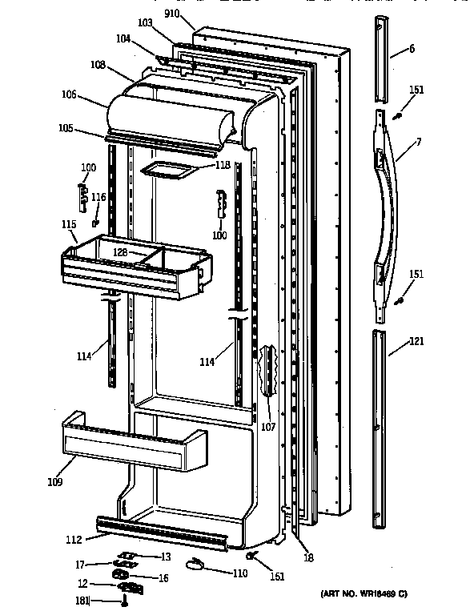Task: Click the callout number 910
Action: [171, 14]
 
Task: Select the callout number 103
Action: [145, 22]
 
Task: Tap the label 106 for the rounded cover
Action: [69, 94]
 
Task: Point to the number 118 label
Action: [223, 165]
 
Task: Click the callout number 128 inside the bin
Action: [120, 252]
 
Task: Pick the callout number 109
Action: [55, 481]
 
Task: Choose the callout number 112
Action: [74, 540]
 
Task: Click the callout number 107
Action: [268, 427]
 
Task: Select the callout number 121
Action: [416, 341]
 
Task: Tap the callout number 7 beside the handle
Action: [419, 142]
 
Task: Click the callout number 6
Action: [412, 49]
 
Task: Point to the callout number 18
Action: [308, 557]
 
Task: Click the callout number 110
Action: [240, 573]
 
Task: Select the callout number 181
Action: [82, 601]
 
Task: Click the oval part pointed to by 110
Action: [195, 564]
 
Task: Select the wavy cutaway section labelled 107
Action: [268, 371]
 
